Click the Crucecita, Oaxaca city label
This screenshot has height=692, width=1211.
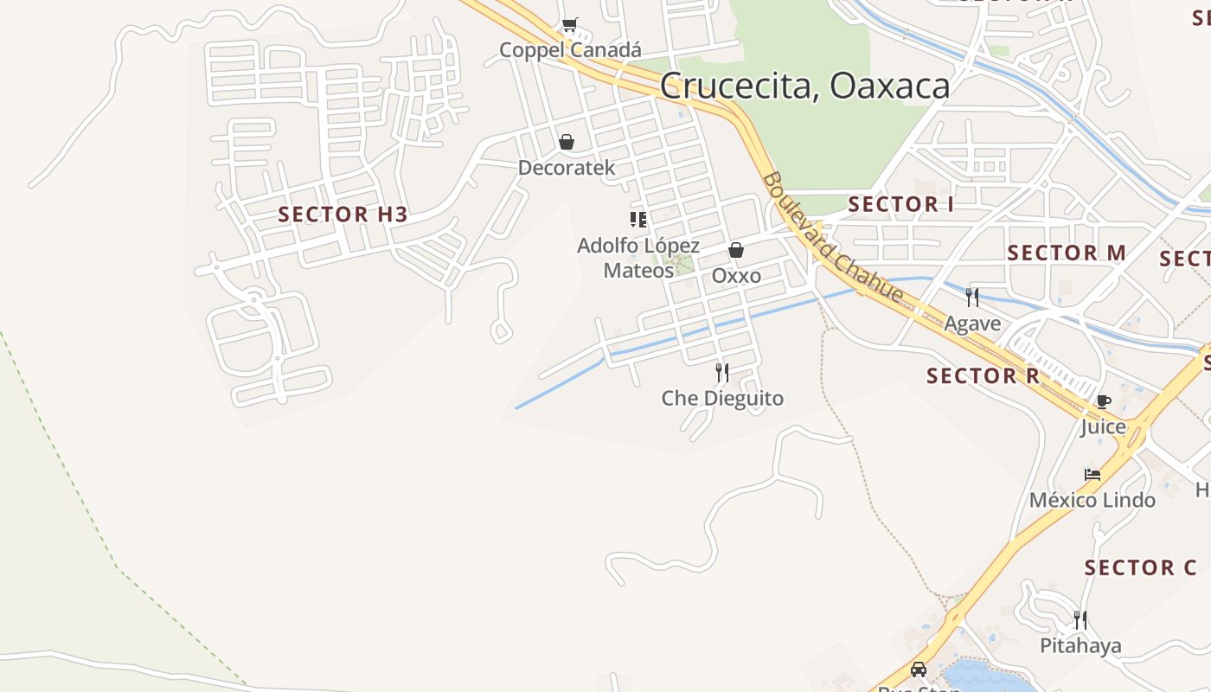tap(804, 86)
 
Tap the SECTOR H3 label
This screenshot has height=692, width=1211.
tap(343, 215)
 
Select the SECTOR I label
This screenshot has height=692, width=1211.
tap(900, 204)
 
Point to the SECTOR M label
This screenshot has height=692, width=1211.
tap(1067, 253)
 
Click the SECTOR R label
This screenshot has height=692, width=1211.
tap(983, 375)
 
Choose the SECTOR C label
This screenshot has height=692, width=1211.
tap(1140, 567)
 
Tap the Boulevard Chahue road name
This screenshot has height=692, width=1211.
tap(832, 238)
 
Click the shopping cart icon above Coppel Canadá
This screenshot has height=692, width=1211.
tap(569, 25)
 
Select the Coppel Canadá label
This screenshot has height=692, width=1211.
tap(570, 50)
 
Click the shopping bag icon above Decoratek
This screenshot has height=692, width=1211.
tap(567, 142)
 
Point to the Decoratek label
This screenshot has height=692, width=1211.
tap(567, 168)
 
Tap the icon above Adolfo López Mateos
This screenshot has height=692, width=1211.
tap(638, 220)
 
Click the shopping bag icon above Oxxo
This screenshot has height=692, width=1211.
tap(736, 250)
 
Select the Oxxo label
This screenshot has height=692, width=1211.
tap(736, 276)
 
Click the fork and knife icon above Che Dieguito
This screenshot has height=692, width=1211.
tap(722, 373)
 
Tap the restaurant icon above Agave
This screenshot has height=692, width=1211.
tap(972, 298)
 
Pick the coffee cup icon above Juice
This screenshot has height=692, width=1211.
tap(1103, 401)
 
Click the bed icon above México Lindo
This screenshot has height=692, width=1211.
tap(1092, 474)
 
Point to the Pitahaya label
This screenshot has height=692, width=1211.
tap(1080, 645)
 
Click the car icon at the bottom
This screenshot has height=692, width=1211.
tap(919, 670)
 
